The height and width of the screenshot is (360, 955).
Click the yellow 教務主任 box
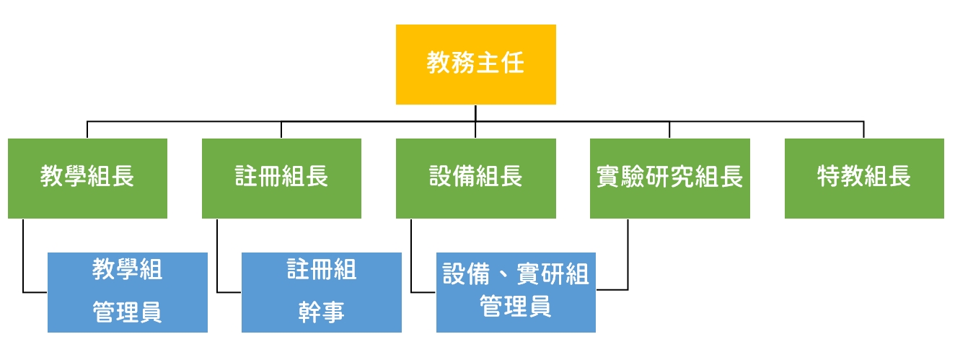[x=476, y=64]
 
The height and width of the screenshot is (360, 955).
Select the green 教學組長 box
[x=87, y=178]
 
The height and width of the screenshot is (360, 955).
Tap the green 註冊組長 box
[x=281, y=178]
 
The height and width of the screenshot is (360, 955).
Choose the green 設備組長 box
[x=476, y=178]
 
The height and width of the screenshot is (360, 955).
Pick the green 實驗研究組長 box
[x=670, y=178]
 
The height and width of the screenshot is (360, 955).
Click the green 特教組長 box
[x=864, y=178]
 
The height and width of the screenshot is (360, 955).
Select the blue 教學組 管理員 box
[x=128, y=292]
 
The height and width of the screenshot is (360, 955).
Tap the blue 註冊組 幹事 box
[x=322, y=292]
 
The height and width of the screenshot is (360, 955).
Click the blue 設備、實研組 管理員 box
[x=516, y=292]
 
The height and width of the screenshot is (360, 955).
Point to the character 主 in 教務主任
[x=488, y=63]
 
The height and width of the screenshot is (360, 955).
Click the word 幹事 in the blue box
[x=322, y=312]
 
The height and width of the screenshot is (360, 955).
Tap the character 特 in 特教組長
[x=829, y=176]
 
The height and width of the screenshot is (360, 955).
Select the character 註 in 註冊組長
[x=247, y=176]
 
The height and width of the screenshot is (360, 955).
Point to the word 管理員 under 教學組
[x=128, y=312]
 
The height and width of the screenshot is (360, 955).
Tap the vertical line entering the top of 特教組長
[x=864, y=130]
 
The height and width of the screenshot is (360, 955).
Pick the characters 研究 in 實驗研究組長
[x=670, y=176]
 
